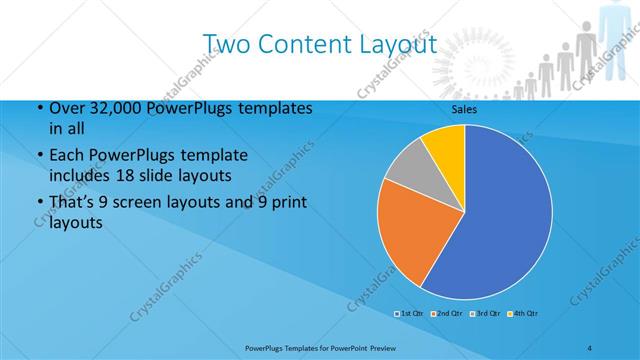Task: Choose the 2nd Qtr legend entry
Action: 447,313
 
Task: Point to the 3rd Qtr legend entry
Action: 486,313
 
